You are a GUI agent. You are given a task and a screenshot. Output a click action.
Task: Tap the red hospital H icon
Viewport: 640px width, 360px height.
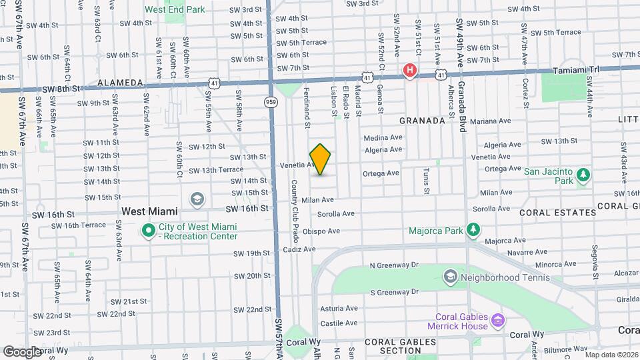[x=411, y=69]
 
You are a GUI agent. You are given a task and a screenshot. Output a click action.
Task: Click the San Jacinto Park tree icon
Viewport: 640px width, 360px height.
[x=583, y=175]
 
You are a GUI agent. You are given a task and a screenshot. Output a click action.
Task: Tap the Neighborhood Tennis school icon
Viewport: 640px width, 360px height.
[x=450, y=276]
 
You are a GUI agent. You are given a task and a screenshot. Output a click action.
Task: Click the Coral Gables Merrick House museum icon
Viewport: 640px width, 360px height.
[x=497, y=322]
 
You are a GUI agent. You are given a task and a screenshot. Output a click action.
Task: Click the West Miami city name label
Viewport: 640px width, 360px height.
[x=149, y=211]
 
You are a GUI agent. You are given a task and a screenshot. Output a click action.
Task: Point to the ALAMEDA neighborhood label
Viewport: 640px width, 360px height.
[x=121, y=83]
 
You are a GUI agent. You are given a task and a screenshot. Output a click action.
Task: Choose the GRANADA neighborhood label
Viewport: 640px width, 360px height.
[x=422, y=121]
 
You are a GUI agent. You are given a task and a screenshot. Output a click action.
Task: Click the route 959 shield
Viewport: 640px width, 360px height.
[x=271, y=101]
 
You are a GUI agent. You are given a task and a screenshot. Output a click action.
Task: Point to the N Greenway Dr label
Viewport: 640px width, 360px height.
[x=393, y=265]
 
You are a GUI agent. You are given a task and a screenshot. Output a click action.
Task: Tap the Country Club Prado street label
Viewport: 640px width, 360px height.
[x=293, y=210]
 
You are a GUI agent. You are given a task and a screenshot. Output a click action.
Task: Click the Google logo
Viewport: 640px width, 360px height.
[x=22, y=351]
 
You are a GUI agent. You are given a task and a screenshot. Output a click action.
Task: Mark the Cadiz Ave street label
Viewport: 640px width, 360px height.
[x=299, y=249]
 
